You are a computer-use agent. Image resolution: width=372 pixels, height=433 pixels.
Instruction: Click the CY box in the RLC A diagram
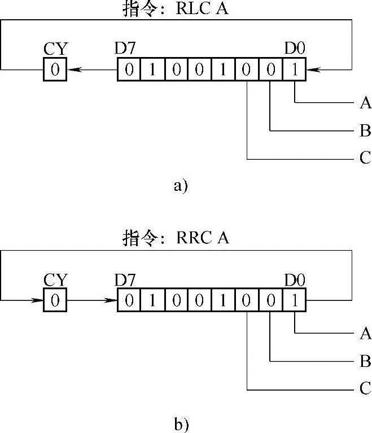pyautogui.click(x=55, y=71)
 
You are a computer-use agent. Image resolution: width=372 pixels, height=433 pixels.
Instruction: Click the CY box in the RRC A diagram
pyautogui.click(x=55, y=300)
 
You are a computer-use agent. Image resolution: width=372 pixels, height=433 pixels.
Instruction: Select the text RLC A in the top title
pyautogui.click(x=203, y=9)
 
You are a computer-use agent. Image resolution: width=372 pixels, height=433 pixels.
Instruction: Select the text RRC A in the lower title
pyautogui.click(x=203, y=238)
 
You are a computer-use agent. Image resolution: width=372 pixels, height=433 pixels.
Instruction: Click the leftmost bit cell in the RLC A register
pyautogui.click(x=129, y=71)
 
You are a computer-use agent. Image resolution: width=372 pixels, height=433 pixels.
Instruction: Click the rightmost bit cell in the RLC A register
pyautogui.click(x=295, y=71)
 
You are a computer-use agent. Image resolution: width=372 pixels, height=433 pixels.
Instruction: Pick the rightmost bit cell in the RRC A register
pyautogui.click(x=295, y=300)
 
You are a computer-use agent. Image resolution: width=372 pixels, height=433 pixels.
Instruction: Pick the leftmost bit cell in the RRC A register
pyautogui.click(x=129, y=300)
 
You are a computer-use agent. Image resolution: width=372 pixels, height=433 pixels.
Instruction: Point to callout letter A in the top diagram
pyautogui.click(x=365, y=103)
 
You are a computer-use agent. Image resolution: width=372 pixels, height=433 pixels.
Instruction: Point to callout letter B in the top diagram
pyautogui.click(x=365, y=132)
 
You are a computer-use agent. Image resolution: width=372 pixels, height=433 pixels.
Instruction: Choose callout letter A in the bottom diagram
pyautogui.click(x=365, y=334)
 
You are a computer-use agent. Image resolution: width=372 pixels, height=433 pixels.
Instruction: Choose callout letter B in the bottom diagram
pyautogui.click(x=365, y=361)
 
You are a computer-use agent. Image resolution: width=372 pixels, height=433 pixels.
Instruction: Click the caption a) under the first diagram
pyautogui.click(x=180, y=186)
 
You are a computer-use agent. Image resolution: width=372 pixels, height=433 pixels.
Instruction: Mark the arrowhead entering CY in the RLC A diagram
pyautogui.click(x=73, y=71)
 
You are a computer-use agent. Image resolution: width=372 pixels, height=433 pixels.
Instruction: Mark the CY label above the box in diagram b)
pyautogui.click(x=55, y=279)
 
